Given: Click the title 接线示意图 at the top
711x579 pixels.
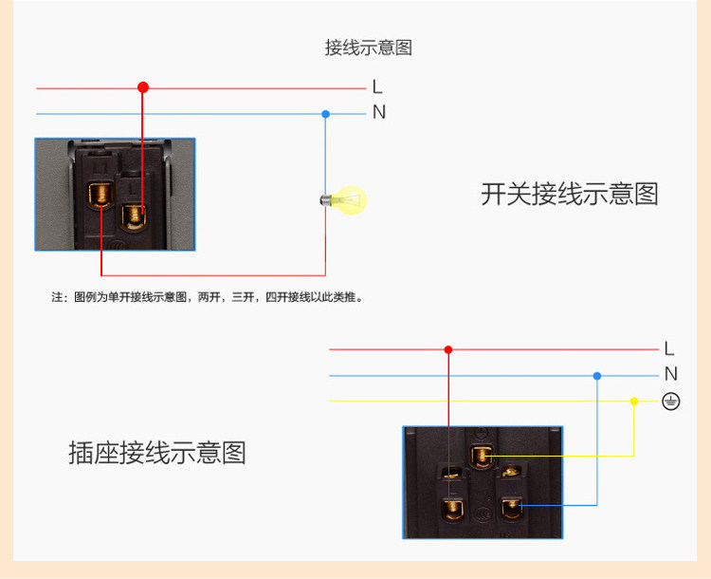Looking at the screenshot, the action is coord(369,47).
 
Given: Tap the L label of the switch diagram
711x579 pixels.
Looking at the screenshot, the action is coord(377,87).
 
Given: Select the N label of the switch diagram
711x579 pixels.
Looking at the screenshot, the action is coord(379,112).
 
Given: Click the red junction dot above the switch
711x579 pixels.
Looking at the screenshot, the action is coord(143,87).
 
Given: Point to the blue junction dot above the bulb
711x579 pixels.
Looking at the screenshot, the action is coord(325,114).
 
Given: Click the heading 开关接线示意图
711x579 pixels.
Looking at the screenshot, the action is coord(569,195).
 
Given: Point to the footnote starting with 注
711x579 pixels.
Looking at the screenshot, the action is coord(208,297).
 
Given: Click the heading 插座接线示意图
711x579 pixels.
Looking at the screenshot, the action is coord(157,453).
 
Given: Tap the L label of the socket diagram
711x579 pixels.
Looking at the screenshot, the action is coord(669,348).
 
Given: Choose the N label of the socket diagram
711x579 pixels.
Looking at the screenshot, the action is coord(670,374).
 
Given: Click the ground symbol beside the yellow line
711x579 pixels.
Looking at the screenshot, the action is coord(671,402).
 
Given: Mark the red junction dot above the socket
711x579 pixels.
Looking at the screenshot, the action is coord(448,349).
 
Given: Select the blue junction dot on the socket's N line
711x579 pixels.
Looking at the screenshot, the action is coord(596,376).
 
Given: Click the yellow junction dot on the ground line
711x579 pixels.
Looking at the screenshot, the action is coord(633,401).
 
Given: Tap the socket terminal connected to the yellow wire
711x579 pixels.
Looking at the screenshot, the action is coord(483,457).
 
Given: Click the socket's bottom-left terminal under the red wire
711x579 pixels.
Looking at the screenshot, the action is coord(450,509).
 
